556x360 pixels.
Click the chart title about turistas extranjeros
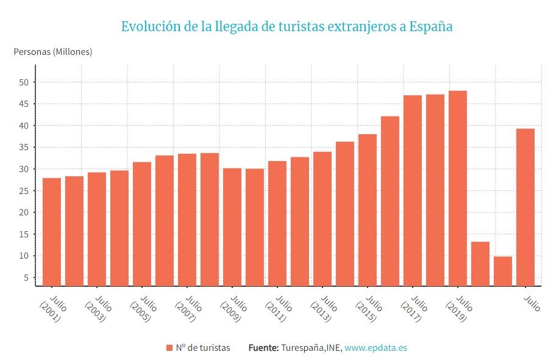pos(287,27)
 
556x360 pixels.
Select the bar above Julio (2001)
pos(52,232)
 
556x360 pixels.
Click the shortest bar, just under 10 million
pos(503,271)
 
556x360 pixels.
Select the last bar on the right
pos(526,207)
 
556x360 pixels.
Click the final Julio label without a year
pos(532,303)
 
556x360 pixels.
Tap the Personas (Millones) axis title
pos(53,52)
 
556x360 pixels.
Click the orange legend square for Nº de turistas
pos(169,348)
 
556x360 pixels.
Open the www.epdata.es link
pos(376,348)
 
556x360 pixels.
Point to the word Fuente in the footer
pos(263,348)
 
